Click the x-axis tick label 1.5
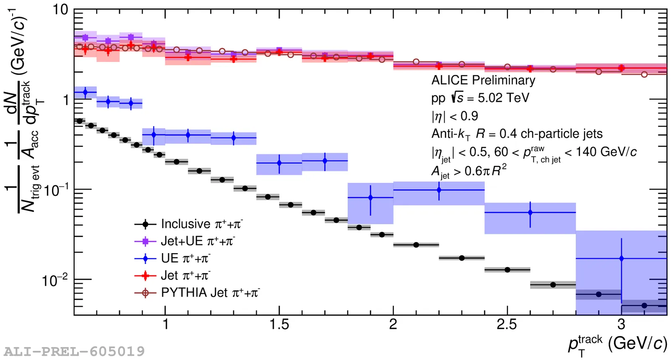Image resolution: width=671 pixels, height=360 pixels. click(x=279, y=324)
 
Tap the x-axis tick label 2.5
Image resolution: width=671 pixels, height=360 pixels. click(x=507, y=324)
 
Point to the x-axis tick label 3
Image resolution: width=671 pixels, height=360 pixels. click(x=621, y=324)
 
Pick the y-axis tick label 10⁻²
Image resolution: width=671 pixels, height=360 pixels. click(x=55, y=280)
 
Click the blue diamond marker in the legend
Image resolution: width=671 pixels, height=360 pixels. click(x=146, y=258)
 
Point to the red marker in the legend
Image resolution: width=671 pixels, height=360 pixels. click(x=146, y=275)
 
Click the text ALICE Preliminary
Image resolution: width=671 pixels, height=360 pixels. click(x=483, y=80)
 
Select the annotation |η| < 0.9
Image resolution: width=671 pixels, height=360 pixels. click(x=455, y=116)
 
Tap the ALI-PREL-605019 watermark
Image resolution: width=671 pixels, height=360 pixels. click(x=74, y=351)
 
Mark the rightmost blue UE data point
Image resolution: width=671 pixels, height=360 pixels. click(x=621, y=259)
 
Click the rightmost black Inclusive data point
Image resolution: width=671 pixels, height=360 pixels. click(x=644, y=306)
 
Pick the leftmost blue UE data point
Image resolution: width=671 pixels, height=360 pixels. click(x=86, y=92)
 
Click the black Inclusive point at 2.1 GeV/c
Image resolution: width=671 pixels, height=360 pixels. click(x=416, y=245)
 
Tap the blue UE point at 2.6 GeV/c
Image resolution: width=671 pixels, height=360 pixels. click(x=530, y=212)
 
